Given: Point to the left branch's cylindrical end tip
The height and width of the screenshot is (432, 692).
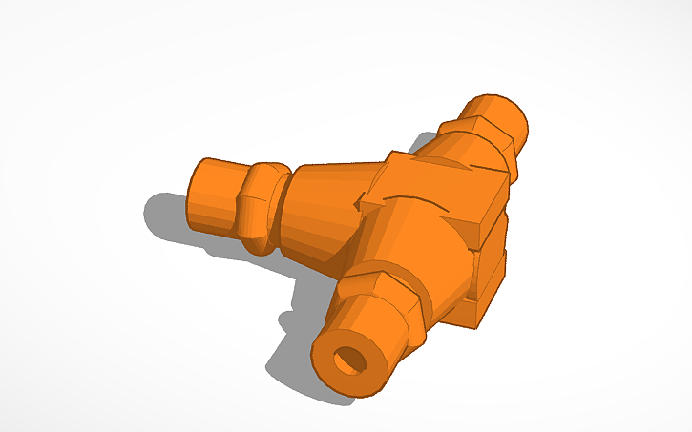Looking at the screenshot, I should pos(215,195).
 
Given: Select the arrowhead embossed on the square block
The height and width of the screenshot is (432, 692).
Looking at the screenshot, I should pos(363,202).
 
